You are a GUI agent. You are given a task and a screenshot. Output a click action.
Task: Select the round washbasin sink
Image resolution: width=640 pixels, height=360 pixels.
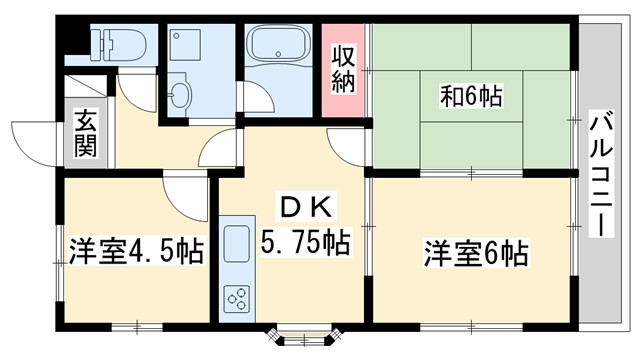pyautogui.click(x=180, y=96)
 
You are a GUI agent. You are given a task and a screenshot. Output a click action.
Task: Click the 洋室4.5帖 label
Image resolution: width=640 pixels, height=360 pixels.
pyautogui.click(x=136, y=250)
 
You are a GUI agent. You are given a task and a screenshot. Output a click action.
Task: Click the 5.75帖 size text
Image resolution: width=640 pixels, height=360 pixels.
pyautogui.click(x=306, y=242)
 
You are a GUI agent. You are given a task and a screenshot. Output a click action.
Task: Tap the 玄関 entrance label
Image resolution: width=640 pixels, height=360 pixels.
pyautogui.click(x=83, y=138)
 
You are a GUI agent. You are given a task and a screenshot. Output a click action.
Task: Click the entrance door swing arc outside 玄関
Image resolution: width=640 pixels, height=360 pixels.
pyautogui.click(x=35, y=140)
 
